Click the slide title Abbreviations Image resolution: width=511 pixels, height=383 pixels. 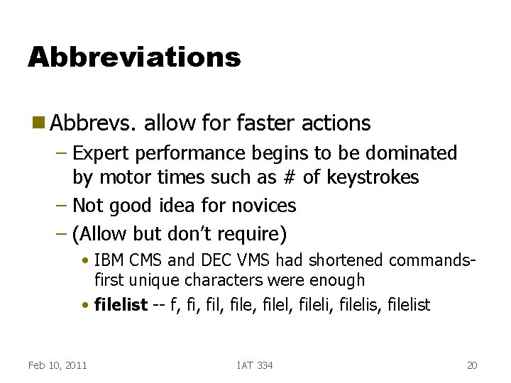click(x=134, y=57)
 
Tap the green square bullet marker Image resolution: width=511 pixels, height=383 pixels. click(x=38, y=123)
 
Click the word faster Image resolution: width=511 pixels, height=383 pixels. click(x=262, y=123)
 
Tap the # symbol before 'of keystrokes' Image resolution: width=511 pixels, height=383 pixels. click(x=290, y=177)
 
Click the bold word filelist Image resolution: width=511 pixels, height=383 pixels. click(x=121, y=306)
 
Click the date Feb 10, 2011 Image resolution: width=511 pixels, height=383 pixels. click(x=57, y=365)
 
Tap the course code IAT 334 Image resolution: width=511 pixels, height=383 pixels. click(x=255, y=365)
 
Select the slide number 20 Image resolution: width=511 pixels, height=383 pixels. click(x=472, y=365)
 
